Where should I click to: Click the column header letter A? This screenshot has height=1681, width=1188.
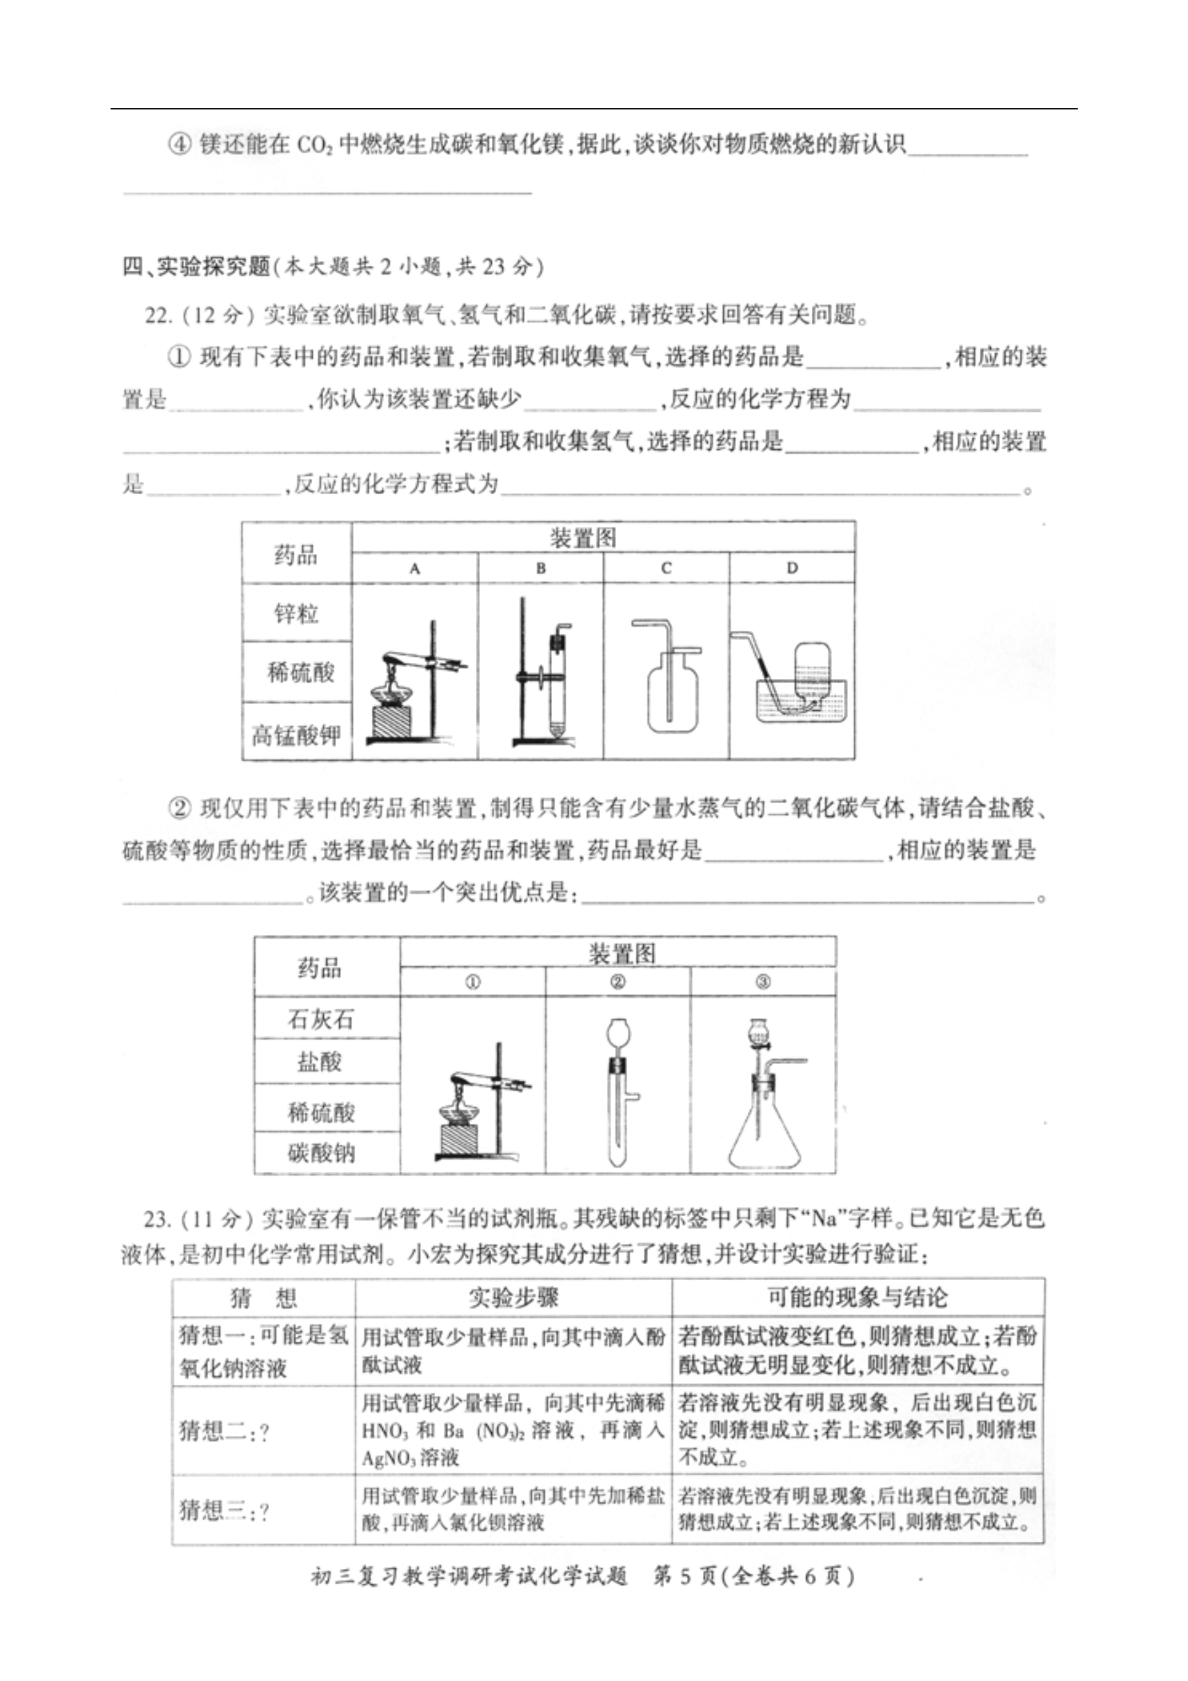[x=415, y=568]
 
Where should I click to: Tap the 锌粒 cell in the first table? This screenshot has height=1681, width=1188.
[x=297, y=613]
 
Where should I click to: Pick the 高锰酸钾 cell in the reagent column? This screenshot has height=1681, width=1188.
[x=297, y=734]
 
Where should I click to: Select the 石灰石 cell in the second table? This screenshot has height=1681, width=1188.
[x=320, y=1018]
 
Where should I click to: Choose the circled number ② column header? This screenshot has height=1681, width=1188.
[x=617, y=982]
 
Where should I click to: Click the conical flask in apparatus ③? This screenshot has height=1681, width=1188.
[x=764, y=1134]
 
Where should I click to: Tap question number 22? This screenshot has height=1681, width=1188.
[x=158, y=316]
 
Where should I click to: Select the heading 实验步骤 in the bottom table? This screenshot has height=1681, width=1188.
[x=513, y=1297]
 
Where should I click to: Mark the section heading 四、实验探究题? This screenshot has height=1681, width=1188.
[x=196, y=266]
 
